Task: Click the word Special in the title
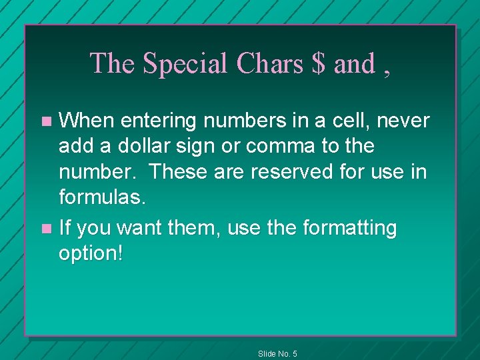click(x=186, y=64)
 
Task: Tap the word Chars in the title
click(x=270, y=64)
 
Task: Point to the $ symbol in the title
click(x=318, y=64)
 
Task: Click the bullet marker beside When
click(x=46, y=121)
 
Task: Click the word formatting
click(x=349, y=229)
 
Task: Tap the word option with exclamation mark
click(x=91, y=255)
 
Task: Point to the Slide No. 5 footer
click(x=277, y=353)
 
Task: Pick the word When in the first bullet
click(x=87, y=121)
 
